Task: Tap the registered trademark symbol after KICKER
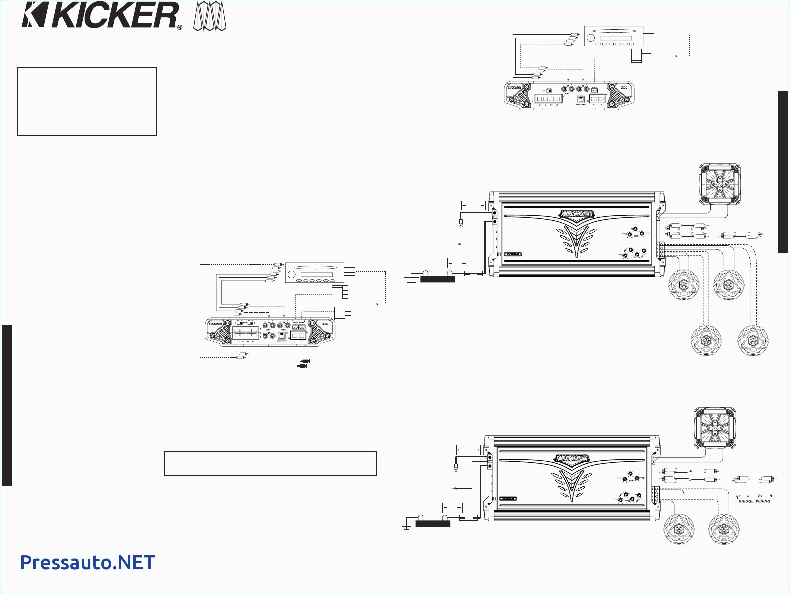(x=180, y=28)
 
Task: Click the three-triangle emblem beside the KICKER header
(x=210, y=18)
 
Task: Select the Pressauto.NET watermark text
(x=87, y=562)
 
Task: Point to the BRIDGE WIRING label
(x=754, y=501)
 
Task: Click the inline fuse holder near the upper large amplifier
(x=473, y=273)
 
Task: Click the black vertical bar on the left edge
(x=7, y=405)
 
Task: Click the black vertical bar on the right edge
(x=783, y=172)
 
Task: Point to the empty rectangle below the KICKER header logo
(x=87, y=101)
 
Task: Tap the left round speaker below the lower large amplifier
(x=678, y=529)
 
